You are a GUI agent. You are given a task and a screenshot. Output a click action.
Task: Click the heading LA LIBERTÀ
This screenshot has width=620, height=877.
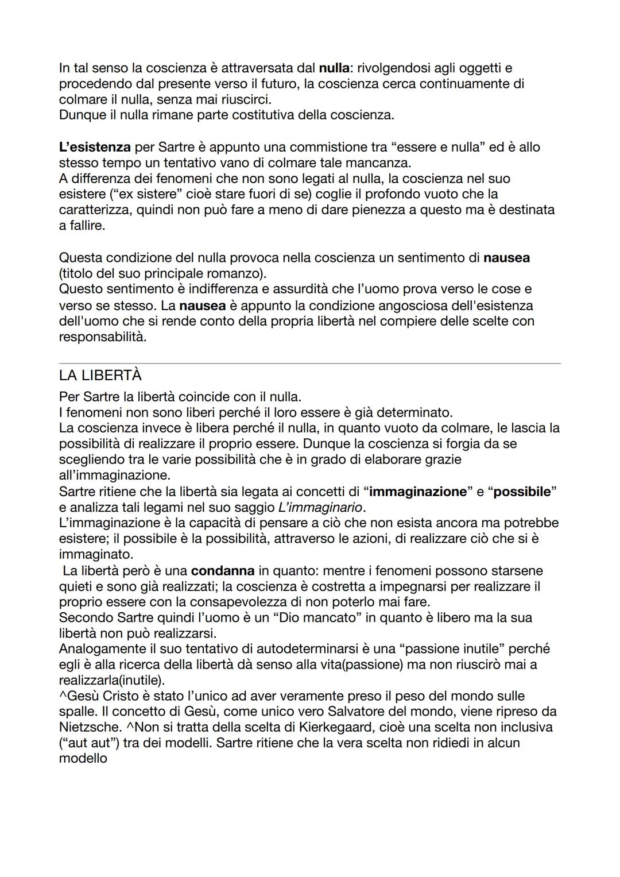pyautogui.click(x=100, y=376)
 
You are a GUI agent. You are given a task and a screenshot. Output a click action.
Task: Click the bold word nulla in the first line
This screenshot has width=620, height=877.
pyautogui.click(x=334, y=68)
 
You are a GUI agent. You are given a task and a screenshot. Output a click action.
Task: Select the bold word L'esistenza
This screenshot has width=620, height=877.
pyautogui.click(x=95, y=147)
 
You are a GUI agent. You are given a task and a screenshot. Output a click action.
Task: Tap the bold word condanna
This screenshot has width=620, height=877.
pyautogui.click(x=222, y=571)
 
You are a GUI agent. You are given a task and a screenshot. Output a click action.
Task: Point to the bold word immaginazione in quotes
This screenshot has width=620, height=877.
pyautogui.click(x=417, y=492)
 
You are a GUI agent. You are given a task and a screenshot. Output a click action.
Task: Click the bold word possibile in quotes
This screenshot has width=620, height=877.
pyautogui.click(x=522, y=492)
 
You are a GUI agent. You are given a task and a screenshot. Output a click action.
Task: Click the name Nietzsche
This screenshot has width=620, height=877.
pyautogui.click(x=89, y=727)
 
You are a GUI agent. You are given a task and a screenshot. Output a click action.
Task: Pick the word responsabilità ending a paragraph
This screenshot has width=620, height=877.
pyautogui.click(x=102, y=337)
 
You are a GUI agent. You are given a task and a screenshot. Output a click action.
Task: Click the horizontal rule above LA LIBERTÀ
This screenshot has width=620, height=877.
pyautogui.click(x=310, y=363)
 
